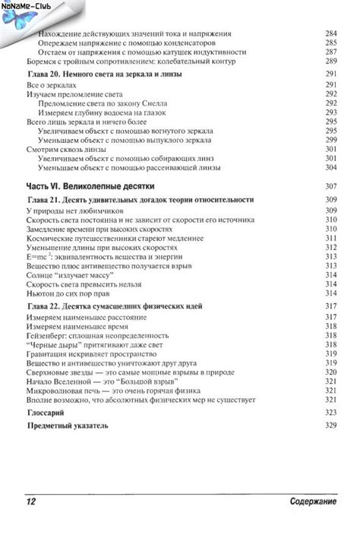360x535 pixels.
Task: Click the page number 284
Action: click(330, 34)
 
